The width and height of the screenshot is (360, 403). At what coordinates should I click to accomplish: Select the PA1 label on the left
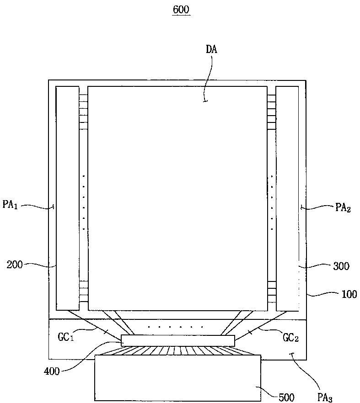pyautogui.click(x=11, y=204)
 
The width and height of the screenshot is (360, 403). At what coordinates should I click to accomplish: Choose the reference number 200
pyautogui.click(x=15, y=264)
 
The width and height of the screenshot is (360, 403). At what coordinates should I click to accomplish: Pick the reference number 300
pyautogui.click(x=341, y=266)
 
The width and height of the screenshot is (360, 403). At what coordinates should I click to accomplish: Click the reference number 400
pyautogui.click(x=52, y=371)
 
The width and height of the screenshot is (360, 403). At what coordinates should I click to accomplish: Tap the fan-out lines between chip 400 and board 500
pyautogui.click(x=177, y=351)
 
